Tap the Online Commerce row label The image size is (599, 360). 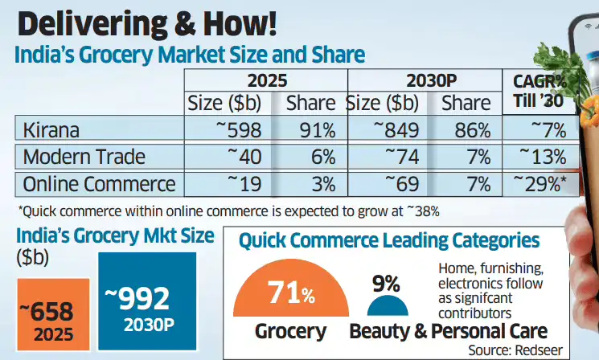pyautogui.click(x=99, y=184)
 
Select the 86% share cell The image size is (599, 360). pyautogui.click(x=469, y=130)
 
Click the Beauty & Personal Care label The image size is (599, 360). pyautogui.click(x=449, y=330)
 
